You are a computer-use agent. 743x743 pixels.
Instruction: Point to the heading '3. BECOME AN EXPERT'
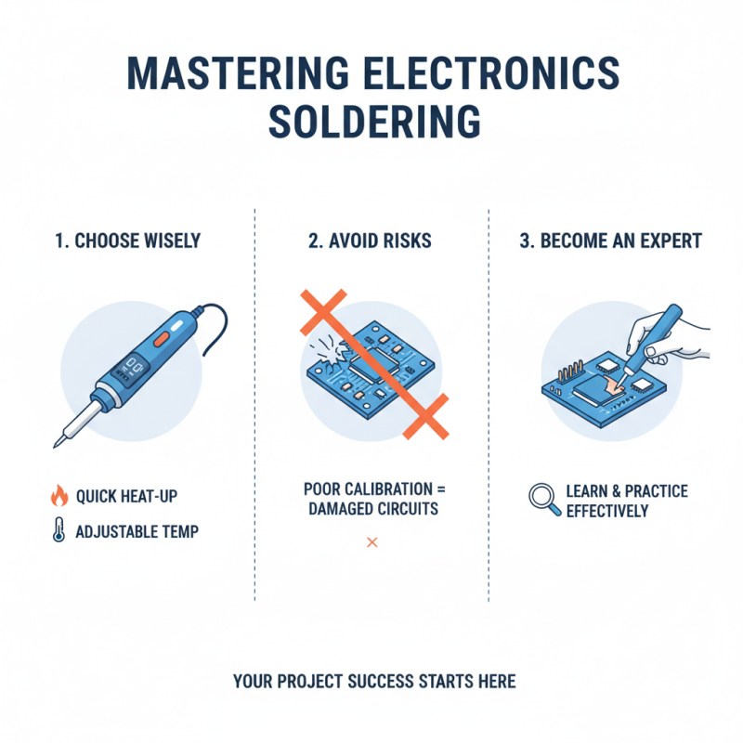point(610,241)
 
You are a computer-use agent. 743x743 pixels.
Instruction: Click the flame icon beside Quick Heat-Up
point(59,496)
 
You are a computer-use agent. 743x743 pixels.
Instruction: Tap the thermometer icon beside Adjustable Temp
point(59,532)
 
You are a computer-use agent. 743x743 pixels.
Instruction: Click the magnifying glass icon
point(543,500)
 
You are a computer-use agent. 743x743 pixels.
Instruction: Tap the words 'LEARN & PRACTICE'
point(627,491)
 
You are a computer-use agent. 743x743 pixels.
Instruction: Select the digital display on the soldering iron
point(129,366)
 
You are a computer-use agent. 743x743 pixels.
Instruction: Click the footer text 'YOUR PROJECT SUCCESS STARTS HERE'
point(374,682)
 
